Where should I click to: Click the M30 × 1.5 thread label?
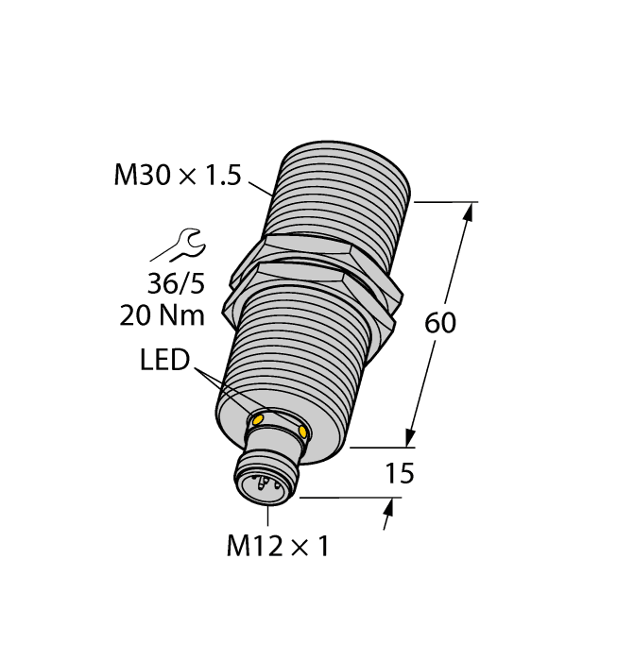coord(178,176)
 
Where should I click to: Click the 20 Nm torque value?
coord(163,314)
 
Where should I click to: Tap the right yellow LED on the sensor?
coord(303,432)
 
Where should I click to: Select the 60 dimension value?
coord(440,323)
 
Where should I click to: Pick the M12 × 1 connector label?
coord(278,546)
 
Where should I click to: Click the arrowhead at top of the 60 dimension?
coord(467,213)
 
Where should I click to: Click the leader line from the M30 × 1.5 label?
coord(262,188)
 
